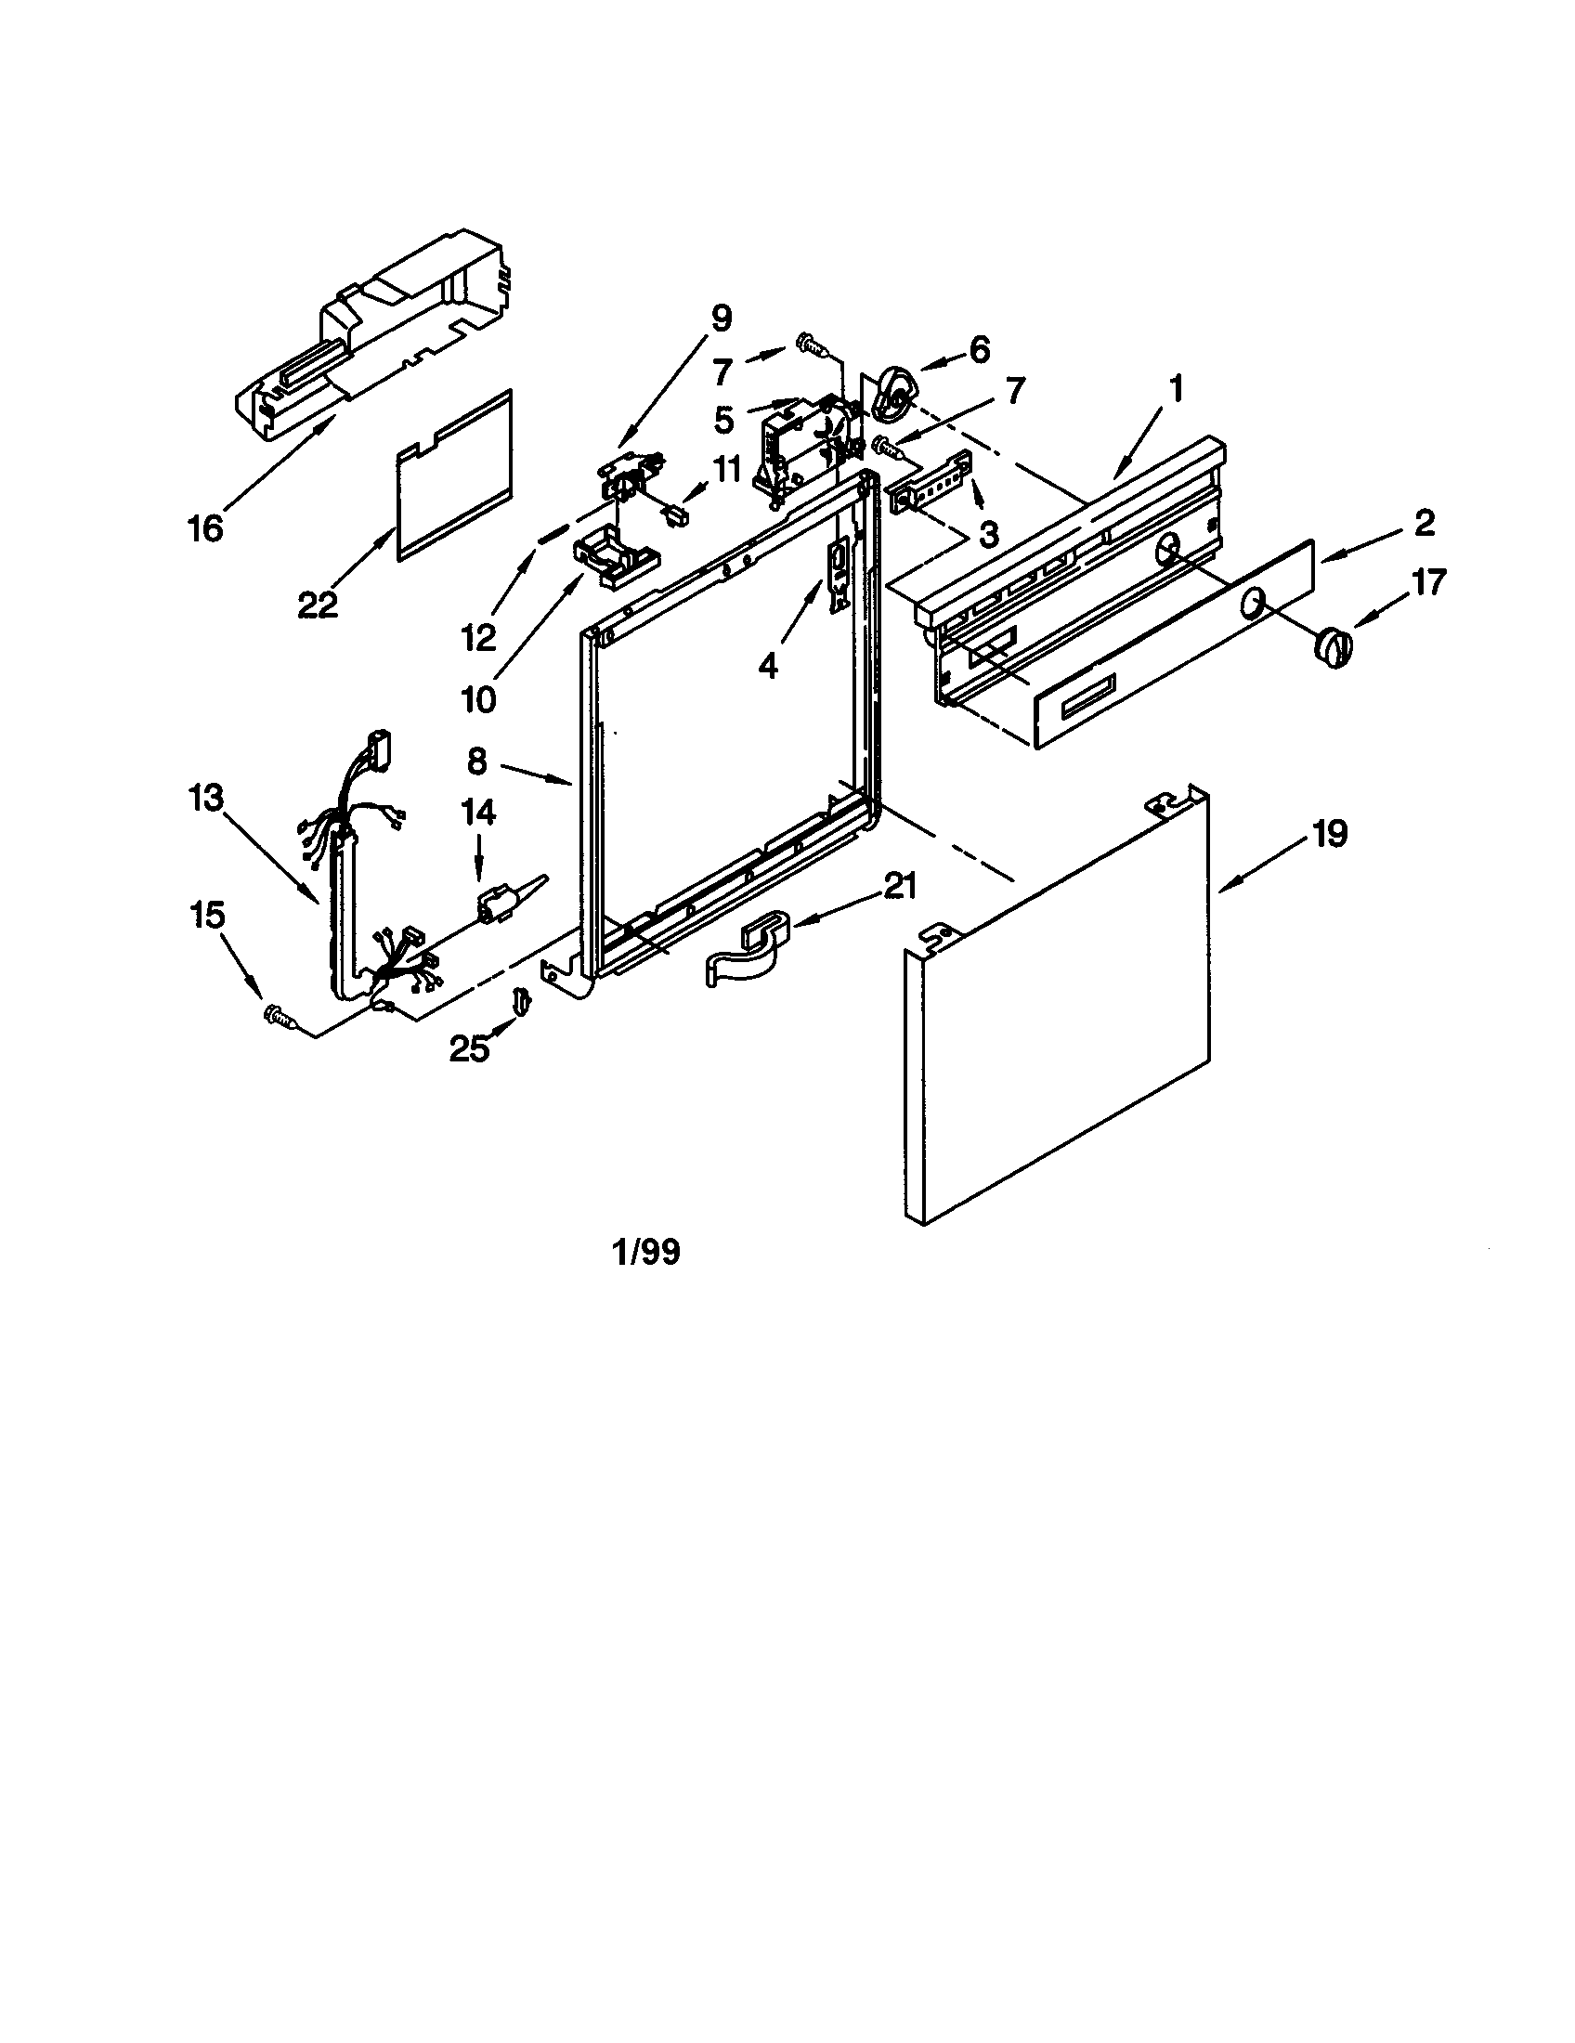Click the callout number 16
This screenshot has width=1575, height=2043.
point(205,527)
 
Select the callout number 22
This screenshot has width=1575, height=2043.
point(317,605)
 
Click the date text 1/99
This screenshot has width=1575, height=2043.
point(645,1252)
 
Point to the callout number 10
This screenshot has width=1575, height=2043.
point(479,698)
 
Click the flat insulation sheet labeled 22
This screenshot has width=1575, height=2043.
point(455,477)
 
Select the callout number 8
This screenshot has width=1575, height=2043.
point(477,761)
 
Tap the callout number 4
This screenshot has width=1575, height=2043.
point(768,666)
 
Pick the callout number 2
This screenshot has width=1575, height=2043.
point(1424,523)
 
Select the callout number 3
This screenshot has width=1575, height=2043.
point(988,534)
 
